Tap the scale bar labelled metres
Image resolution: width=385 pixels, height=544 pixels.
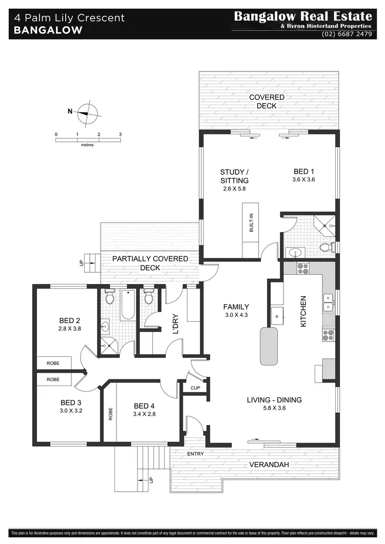(x=88, y=139)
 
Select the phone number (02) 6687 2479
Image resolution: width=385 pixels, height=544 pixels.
(x=346, y=34)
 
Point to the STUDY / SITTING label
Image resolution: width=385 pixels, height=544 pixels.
(x=235, y=176)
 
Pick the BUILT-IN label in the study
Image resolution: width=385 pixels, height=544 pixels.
(x=251, y=223)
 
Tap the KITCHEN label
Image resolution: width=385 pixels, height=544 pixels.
(x=303, y=311)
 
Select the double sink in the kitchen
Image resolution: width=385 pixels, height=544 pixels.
(x=327, y=303)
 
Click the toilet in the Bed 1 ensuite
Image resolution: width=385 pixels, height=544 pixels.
(x=325, y=248)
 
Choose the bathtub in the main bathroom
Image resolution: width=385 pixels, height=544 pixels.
(x=128, y=306)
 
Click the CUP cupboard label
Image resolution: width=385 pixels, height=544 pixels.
(x=195, y=388)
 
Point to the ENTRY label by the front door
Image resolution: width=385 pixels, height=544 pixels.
(x=196, y=454)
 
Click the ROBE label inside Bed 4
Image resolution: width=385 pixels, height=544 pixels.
(x=110, y=414)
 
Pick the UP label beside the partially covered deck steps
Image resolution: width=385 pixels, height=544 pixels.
(x=81, y=263)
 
